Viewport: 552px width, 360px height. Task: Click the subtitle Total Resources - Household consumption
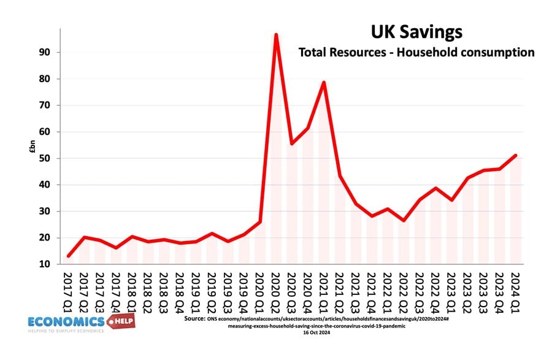pos(416,52)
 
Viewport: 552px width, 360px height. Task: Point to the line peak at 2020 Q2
pos(276,35)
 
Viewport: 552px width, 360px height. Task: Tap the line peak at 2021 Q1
pos(324,82)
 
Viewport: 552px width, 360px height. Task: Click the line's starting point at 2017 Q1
pos(69,256)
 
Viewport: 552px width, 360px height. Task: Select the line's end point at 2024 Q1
pos(516,155)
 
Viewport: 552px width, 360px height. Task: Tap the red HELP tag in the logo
pos(121,322)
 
